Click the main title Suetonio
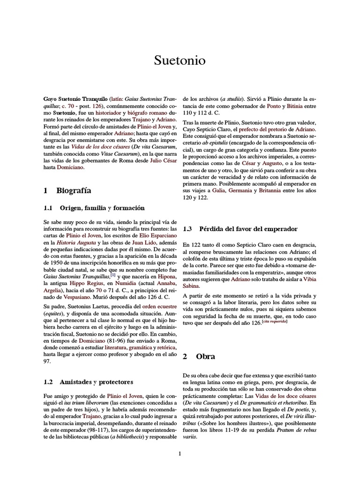pyautogui.click(x=180, y=61)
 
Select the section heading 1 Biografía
pyautogui.click(x=67, y=191)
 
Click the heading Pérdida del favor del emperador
pyautogui.click(x=248, y=229)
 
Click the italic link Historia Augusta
pyautogui.click(x=76, y=243)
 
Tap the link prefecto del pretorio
pyautogui.click(x=265, y=129)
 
